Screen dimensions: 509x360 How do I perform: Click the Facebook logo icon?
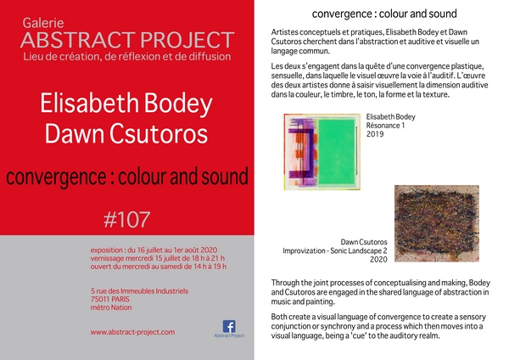pyautogui.click(x=229, y=326)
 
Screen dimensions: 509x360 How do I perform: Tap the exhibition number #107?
pyautogui.click(x=127, y=220)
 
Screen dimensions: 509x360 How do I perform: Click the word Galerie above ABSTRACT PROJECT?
pyautogui.click(x=43, y=23)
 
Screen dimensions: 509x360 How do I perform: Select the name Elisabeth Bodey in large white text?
pyautogui.click(x=126, y=104)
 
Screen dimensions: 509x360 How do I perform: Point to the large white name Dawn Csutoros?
pyautogui.click(x=126, y=133)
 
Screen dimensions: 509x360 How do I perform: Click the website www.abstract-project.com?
pyautogui.click(x=132, y=332)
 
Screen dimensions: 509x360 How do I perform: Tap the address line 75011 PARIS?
pyautogui.click(x=109, y=299)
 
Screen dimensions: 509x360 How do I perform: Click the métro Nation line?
pyautogui.click(x=111, y=307)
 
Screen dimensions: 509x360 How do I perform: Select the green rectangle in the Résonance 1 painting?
pyautogui.click(x=336, y=151)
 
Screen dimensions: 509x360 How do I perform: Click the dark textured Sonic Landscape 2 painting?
pyautogui.click(x=437, y=223)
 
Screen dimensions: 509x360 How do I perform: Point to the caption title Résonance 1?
pyautogui.click(x=385, y=126)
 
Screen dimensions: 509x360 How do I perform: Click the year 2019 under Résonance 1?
pyautogui.click(x=375, y=134)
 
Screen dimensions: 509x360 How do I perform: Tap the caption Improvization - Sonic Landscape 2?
pyautogui.click(x=335, y=250)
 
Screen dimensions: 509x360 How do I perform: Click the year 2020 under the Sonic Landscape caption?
pyautogui.click(x=378, y=259)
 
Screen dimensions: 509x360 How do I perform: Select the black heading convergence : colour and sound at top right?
pyautogui.click(x=384, y=14)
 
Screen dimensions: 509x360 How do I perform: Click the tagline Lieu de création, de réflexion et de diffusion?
pyautogui.click(x=127, y=57)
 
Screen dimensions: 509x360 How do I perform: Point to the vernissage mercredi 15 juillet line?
pyautogui.click(x=158, y=258)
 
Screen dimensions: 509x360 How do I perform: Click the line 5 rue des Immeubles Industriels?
pyautogui.click(x=139, y=290)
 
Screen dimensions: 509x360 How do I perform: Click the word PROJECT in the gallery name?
pyautogui.click(x=187, y=40)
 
